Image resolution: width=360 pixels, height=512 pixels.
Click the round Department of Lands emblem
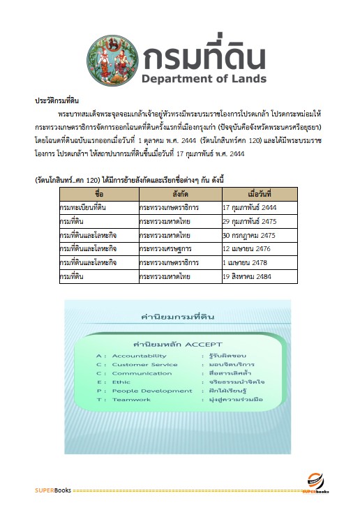pyautogui.click(x=111, y=58)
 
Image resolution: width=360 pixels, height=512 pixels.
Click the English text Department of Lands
pyautogui.click(x=204, y=77)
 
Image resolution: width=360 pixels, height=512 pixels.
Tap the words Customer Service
pyautogui.click(x=144, y=364)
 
